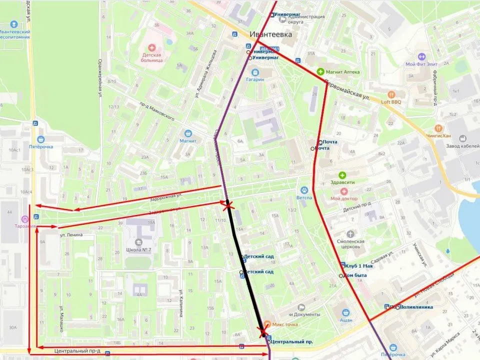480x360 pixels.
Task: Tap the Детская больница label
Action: tap(153, 56)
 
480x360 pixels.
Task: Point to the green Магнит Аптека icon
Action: tap(320, 71)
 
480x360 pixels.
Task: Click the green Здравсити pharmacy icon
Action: tap(342, 175)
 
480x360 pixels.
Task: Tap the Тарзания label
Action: tap(25, 226)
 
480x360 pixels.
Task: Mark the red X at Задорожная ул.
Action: tap(228, 205)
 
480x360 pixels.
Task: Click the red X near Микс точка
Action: tap(262, 331)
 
